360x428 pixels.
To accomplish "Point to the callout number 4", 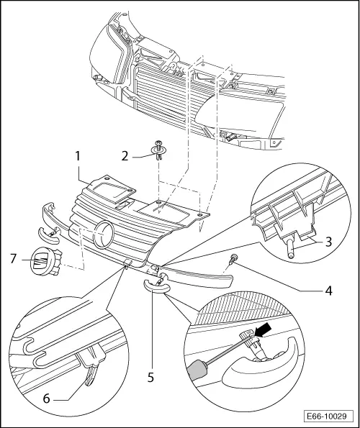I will (327, 292).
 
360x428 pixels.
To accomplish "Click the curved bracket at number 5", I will (156, 284).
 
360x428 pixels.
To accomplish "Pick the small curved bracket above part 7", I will (49, 232).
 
